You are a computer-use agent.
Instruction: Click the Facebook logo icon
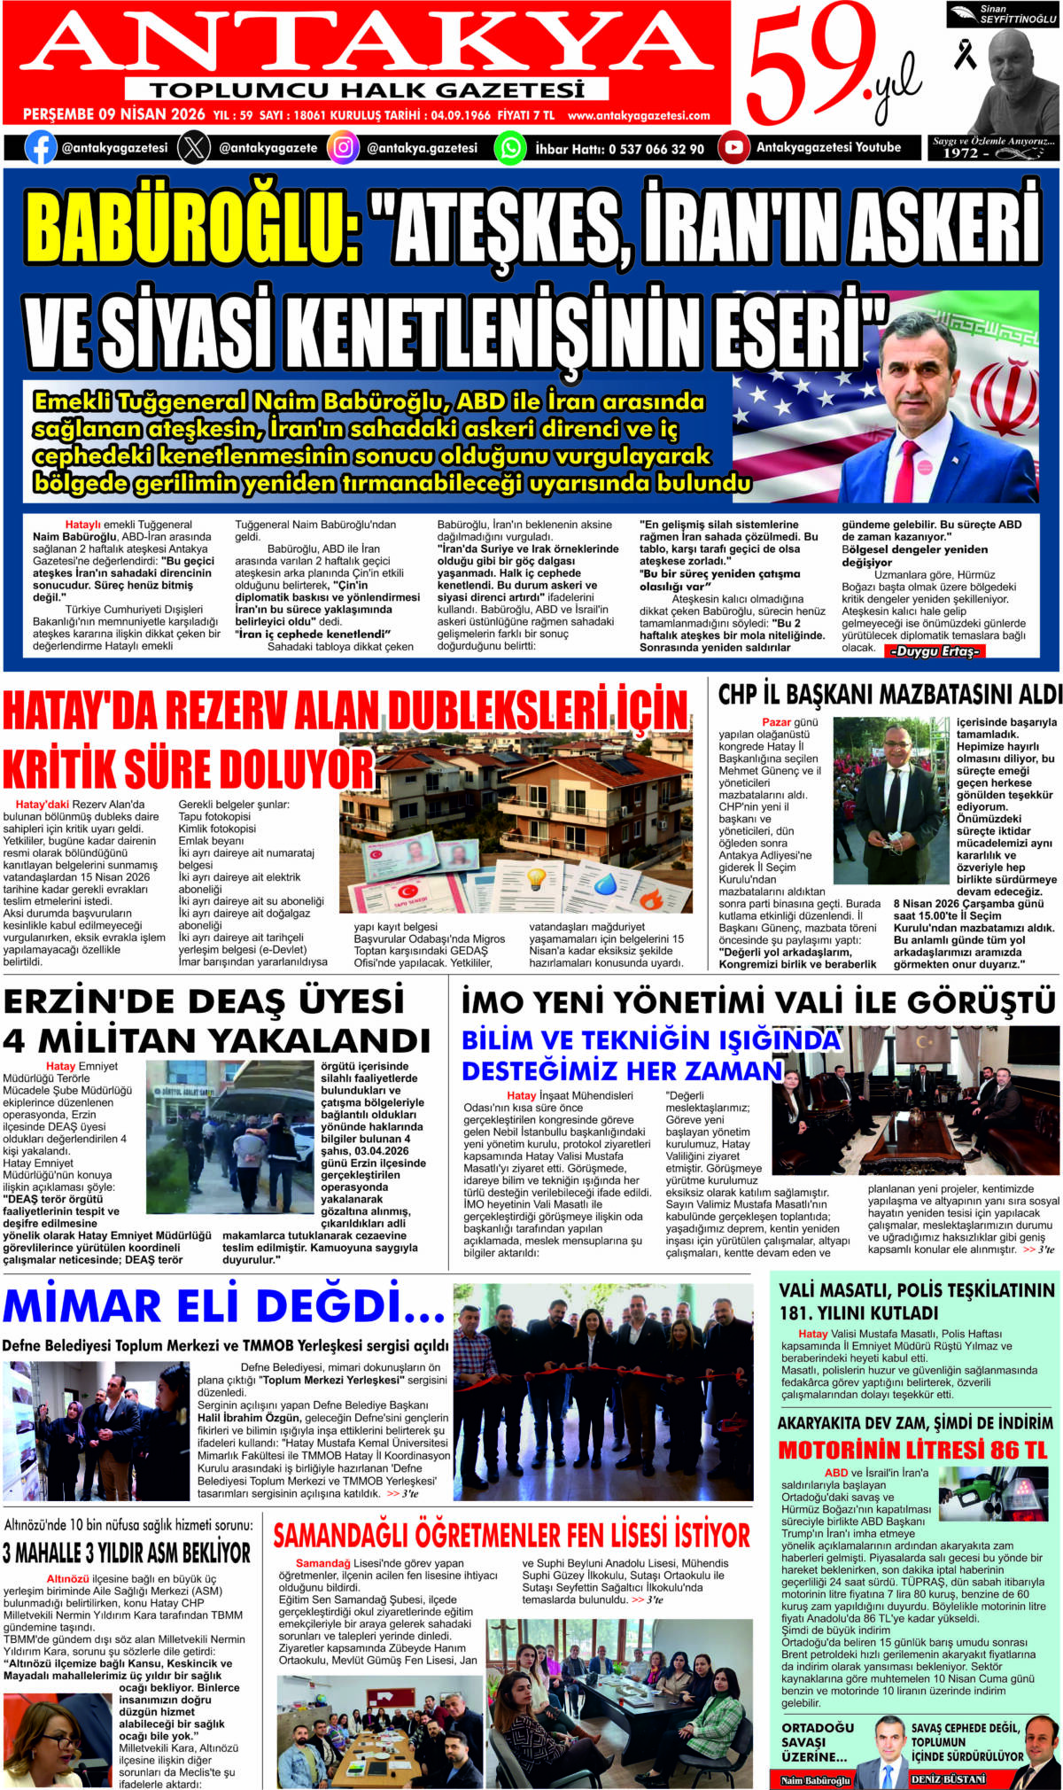click(41, 147)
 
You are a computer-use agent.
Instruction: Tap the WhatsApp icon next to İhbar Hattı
click(510, 147)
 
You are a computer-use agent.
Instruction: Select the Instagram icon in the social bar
click(343, 147)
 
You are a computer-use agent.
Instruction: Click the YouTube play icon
click(733, 147)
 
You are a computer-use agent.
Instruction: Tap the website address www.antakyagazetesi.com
click(639, 115)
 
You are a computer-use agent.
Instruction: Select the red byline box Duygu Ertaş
click(935, 651)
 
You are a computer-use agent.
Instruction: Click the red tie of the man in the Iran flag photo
click(909, 470)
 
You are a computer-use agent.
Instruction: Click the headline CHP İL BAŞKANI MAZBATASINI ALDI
click(889, 695)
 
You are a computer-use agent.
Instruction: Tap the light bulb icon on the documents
click(536, 879)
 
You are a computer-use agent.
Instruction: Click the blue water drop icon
click(606, 883)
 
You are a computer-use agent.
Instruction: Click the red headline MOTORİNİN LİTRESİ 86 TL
click(912, 1451)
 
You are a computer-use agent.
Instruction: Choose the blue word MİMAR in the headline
click(82, 1306)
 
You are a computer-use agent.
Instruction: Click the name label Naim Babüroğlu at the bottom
click(815, 1780)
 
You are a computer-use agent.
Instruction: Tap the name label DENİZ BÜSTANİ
click(948, 1778)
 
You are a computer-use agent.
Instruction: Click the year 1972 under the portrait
click(960, 152)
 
